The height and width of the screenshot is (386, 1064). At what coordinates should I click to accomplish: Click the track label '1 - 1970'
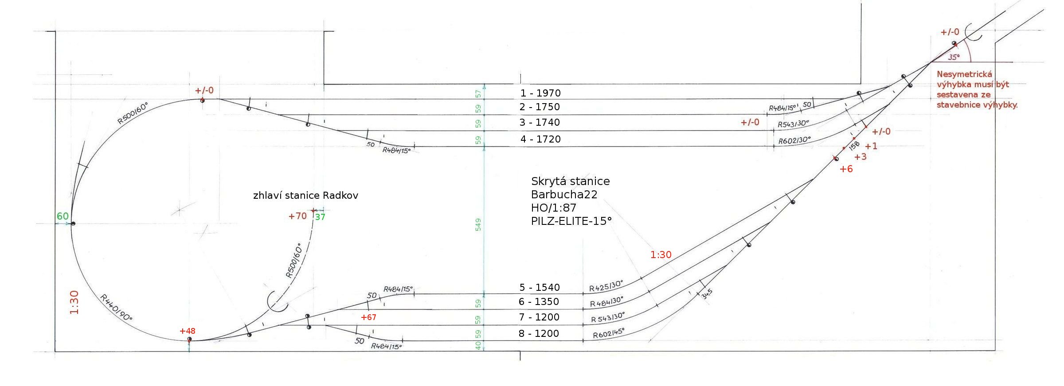(540, 93)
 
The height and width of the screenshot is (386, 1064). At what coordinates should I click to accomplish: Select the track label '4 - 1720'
(540, 139)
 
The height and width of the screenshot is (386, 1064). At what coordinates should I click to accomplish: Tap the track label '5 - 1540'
(540, 287)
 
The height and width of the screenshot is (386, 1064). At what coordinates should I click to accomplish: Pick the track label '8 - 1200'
(539, 333)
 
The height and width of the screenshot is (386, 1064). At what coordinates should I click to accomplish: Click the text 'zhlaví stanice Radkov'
(305, 195)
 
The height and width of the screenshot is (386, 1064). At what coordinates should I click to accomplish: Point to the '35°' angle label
(954, 58)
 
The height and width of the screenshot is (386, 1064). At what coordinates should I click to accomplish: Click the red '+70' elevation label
(297, 216)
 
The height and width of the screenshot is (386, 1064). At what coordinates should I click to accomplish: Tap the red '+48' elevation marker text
(187, 331)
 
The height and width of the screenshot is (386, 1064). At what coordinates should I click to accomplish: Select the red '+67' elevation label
(368, 317)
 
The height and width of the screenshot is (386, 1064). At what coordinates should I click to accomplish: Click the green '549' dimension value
(478, 224)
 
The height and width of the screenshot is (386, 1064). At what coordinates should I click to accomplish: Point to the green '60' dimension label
(63, 216)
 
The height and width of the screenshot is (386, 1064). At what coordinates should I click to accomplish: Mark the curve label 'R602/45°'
(609, 333)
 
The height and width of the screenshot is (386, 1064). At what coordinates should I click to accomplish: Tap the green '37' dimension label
(320, 217)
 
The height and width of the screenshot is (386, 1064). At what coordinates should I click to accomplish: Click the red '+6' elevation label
(846, 169)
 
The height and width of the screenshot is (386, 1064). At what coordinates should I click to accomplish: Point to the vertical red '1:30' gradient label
(74, 302)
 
